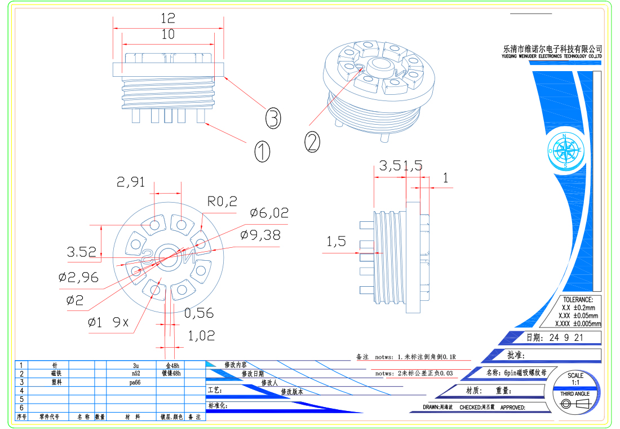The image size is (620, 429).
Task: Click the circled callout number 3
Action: (x=273, y=119)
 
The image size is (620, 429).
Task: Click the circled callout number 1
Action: (x=262, y=151)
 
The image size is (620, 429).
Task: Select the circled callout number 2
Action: (x=313, y=141)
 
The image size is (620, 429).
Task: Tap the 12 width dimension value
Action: (x=168, y=18)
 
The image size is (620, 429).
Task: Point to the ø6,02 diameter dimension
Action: (x=269, y=213)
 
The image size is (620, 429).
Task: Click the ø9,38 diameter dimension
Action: (x=260, y=235)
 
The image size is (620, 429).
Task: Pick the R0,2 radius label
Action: (x=223, y=202)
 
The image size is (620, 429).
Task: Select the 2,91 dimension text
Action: (x=131, y=182)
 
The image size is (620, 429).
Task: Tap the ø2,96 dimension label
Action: (x=78, y=277)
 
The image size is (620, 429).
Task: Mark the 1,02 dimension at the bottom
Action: (x=201, y=335)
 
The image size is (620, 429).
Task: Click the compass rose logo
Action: (x=564, y=151)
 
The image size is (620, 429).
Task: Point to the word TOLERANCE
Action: (x=578, y=300)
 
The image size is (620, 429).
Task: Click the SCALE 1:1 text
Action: (x=575, y=379)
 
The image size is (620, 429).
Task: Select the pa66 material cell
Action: (x=135, y=382)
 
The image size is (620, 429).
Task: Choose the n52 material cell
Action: (x=136, y=374)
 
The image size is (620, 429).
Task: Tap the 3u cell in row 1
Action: (x=136, y=365)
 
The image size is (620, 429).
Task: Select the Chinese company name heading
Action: (x=552, y=49)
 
